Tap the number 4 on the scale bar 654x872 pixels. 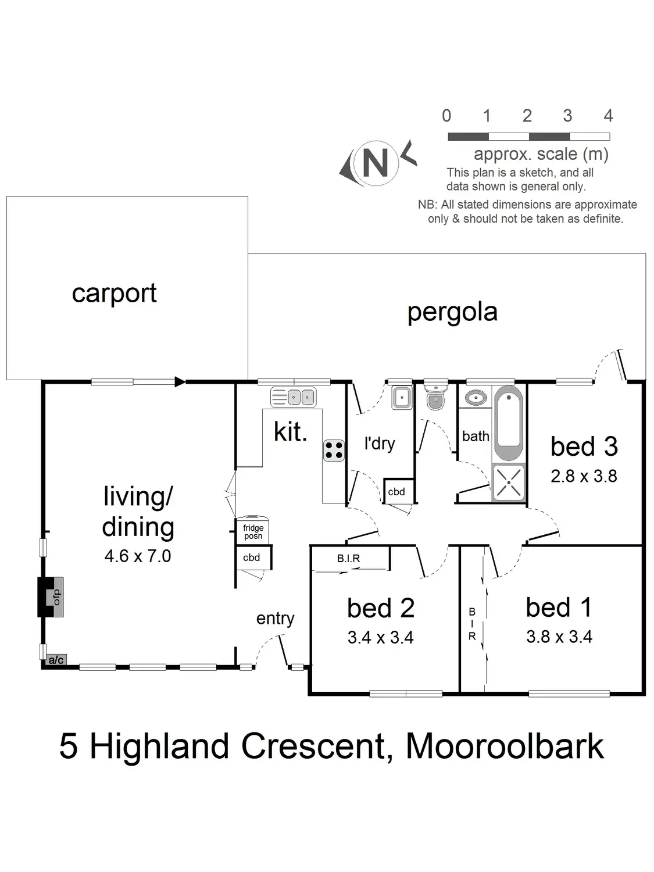coord(608,116)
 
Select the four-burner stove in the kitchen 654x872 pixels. coord(334,450)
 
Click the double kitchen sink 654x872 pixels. coord(294,397)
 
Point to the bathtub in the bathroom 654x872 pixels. coord(509,423)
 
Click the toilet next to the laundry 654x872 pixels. coord(435,397)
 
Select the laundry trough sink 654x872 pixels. coord(402,397)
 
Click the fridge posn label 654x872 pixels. coord(253,531)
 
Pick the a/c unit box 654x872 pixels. coord(56,660)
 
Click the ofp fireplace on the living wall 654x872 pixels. coord(51,597)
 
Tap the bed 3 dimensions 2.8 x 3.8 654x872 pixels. coord(583,476)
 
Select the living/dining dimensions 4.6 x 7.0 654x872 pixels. coord(138,556)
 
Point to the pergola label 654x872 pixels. coord(452,312)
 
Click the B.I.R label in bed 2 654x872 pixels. coord(348,559)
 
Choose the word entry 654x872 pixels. coord(275,619)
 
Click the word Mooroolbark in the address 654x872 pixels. coord(504,746)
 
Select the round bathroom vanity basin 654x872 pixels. coord(476,397)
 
